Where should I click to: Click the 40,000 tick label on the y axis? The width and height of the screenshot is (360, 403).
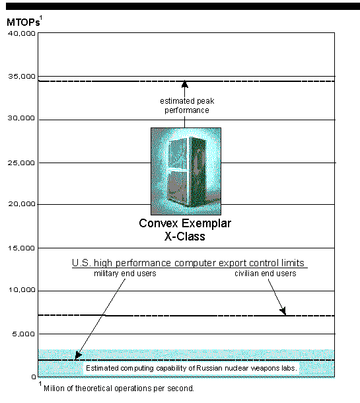[x=21, y=33]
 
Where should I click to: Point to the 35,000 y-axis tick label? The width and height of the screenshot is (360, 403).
[x=21, y=77]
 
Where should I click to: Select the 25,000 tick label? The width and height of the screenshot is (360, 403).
[x=21, y=163]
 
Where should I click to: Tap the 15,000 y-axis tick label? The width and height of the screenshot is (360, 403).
[x=21, y=248]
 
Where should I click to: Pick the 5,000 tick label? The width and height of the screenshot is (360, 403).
[x=23, y=334]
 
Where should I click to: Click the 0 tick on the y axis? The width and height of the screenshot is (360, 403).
[x=34, y=377]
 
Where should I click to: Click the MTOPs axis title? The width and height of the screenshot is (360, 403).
[x=24, y=22]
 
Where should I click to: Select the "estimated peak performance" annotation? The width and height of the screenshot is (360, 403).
[x=187, y=106]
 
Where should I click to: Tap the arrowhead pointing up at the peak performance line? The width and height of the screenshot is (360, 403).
[x=184, y=85]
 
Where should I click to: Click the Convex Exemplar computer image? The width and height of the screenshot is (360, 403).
[x=186, y=171]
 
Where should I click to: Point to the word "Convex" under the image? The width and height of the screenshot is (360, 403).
[x=159, y=223]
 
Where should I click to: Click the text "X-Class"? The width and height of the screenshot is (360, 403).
[x=185, y=237]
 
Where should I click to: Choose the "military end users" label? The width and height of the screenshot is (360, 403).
[x=125, y=274]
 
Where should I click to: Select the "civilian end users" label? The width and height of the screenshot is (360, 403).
[x=265, y=274]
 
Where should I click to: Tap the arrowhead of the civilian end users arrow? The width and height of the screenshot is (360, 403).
[x=283, y=311]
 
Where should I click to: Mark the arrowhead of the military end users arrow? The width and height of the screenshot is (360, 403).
[x=78, y=355]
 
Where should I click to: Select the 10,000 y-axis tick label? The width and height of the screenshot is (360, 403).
[x=22, y=290]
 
